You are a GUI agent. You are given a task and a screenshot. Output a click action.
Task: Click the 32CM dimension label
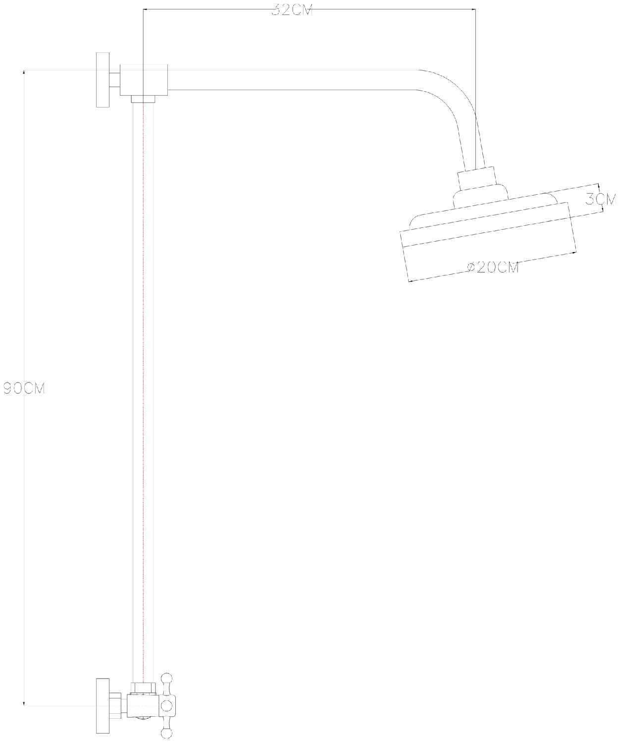tap(292, 10)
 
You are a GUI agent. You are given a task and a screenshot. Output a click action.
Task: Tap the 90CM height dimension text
tap(24, 389)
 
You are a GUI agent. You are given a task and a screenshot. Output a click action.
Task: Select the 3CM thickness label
tap(601, 199)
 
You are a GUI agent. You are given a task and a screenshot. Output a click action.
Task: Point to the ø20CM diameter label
tap(493, 267)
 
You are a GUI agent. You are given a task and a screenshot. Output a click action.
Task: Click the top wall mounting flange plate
tap(103, 80)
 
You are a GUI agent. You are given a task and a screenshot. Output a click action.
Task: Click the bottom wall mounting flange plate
tap(103, 705)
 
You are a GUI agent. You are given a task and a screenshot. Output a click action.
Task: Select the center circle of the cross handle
tap(167, 705)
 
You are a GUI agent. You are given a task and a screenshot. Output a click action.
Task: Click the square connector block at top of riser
tap(144, 80)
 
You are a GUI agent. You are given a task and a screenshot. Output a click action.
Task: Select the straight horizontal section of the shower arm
tap(292, 80)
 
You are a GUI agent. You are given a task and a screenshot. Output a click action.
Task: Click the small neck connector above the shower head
tap(476, 178)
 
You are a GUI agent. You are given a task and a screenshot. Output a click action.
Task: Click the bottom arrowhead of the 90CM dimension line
tap(24, 703)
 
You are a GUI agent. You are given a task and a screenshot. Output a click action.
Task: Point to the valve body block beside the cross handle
tap(143, 705)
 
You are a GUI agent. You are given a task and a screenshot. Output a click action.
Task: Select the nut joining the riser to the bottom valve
tap(143, 688)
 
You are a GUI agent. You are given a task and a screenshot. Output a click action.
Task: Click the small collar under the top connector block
tap(143, 99)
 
